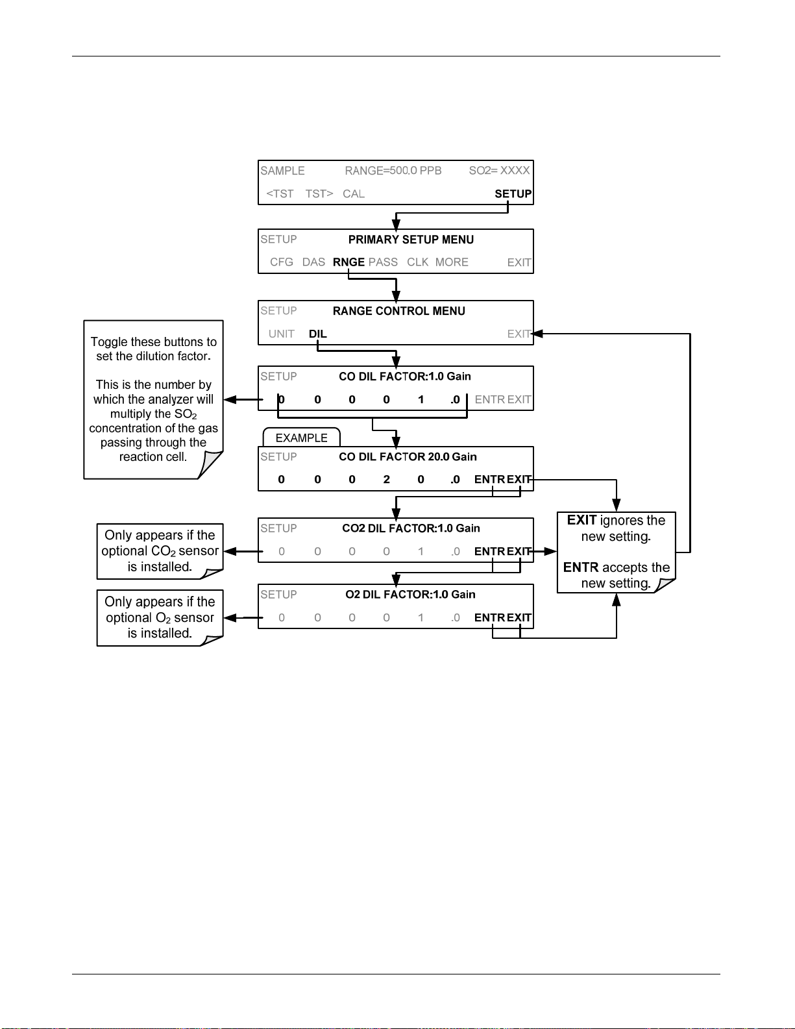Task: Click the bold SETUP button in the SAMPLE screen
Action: [x=513, y=193]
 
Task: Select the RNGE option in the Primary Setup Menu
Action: [x=349, y=262]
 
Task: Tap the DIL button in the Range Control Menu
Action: [x=317, y=334]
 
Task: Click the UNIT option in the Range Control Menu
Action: [x=281, y=334]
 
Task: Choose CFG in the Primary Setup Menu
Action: [x=282, y=262]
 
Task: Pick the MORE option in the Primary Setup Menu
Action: [x=452, y=262]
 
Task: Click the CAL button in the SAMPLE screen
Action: [x=354, y=193]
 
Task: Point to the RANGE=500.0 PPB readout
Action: [x=393, y=171]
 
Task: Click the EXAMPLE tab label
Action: [x=301, y=438]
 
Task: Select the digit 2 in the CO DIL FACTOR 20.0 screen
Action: [x=386, y=480]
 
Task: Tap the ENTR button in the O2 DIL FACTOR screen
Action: [x=489, y=617]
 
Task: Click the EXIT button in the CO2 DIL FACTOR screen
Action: [x=519, y=552]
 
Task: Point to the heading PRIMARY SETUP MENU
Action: [x=411, y=240]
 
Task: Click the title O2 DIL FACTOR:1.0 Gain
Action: [x=410, y=594]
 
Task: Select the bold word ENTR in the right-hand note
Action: [x=581, y=567]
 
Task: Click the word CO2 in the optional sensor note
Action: [x=164, y=551]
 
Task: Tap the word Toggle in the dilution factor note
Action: [x=108, y=342]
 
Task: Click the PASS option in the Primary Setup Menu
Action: [x=383, y=262]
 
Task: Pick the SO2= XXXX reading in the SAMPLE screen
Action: [x=499, y=171]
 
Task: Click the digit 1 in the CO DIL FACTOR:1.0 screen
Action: [x=421, y=400]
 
